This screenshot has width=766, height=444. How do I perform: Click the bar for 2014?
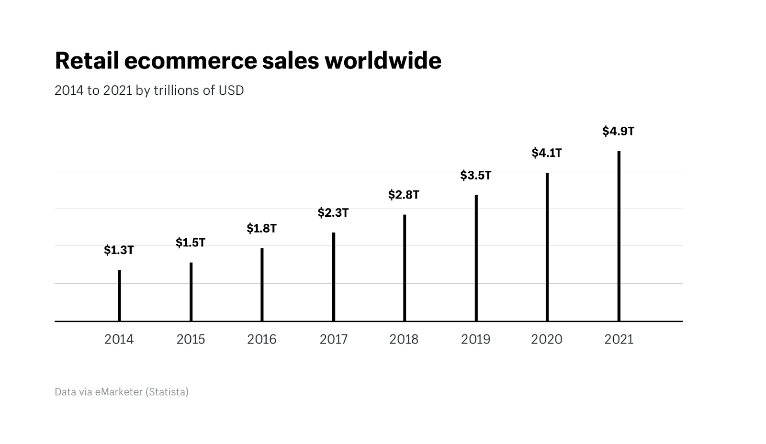pos(119,296)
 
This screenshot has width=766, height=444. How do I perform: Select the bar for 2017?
pos(334,277)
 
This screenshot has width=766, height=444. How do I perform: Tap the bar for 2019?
pos(476,258)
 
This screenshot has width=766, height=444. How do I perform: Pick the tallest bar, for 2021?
pos(619,236)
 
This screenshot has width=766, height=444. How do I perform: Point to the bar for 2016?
pos(262,285)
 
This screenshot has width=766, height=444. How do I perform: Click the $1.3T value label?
pos(119,250)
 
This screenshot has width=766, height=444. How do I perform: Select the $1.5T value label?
pos(191,243)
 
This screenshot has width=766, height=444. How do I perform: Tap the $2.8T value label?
pos(404,195)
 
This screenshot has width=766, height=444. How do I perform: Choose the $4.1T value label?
pos(547,153)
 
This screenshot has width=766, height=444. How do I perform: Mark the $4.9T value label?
pos(618,131)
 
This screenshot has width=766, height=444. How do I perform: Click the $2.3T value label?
pos(333,212)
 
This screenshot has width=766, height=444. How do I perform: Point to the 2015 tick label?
pos(191,339)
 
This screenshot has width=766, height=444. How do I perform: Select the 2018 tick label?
pos(404,339)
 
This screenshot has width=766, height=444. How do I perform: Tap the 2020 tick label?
pos(547,339)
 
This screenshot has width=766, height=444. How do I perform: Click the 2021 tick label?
pos(619,339)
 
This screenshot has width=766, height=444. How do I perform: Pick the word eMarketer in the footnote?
pos(119,392)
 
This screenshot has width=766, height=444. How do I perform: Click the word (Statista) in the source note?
pos(167,392)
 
